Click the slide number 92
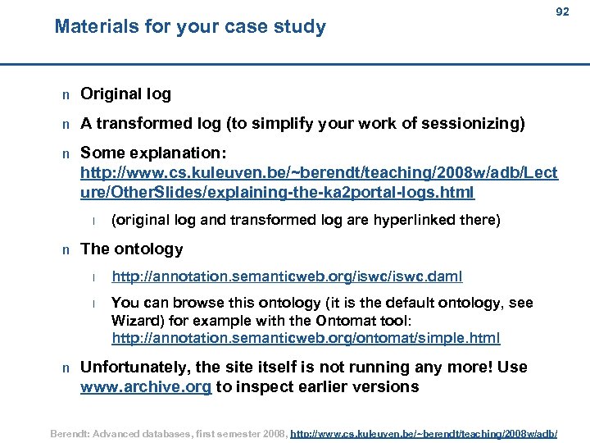pos(562,12)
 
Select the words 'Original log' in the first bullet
pos(125,94)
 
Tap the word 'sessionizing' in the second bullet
pos(480,124)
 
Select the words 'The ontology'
pos(131,249)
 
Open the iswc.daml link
pos(270,277)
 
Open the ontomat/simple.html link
pos(306,338)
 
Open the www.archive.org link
pos(145,386)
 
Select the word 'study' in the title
pos(301,27)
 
